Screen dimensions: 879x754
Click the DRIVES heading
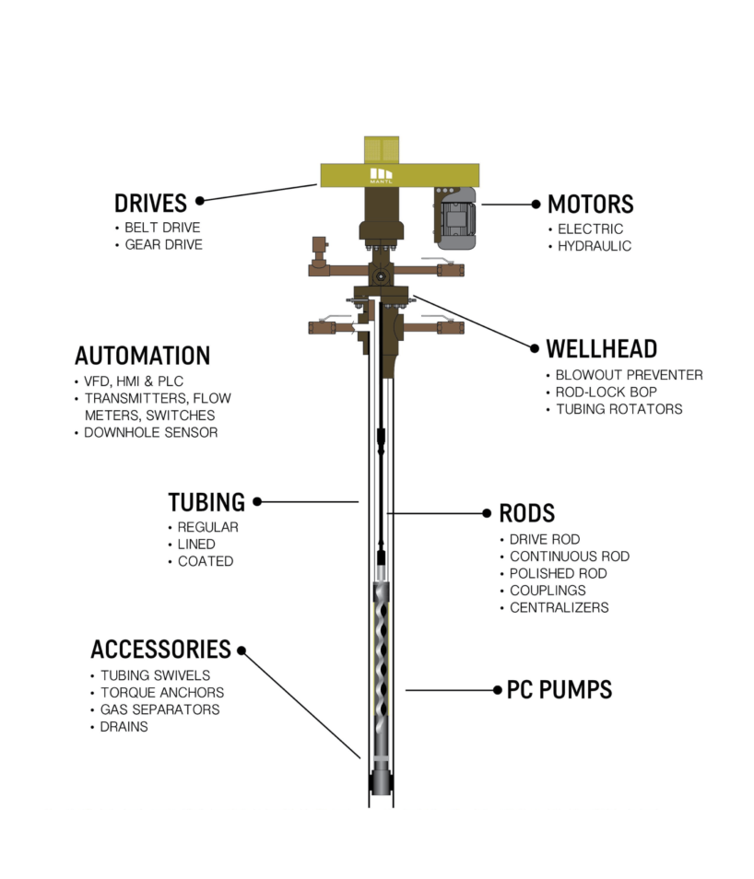pyautogui.click(x=150, y=203)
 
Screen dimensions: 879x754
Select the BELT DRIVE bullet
pyautogui.click(x=162, y=228)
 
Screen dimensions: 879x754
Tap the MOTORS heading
pyautogui.click(x=590, y=205)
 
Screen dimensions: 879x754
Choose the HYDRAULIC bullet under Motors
pyautogui.click(x=595, y=246)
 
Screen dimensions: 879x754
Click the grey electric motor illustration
pyautogui.click(x=454, y=219)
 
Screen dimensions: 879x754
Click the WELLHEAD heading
pyautogui.click(x=601, y=349)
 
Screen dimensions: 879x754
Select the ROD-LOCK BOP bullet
pyautogui.click(x=607, y=392)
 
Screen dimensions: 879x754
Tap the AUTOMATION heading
pyautogui.click(x=142, y=356)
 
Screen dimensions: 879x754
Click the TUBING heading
pyautogui.click(x=206, y=502)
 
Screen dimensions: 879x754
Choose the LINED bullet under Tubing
pyautogui.click(x=196, y=545)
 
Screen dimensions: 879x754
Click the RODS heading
pyautogui.click(x=526, y=513)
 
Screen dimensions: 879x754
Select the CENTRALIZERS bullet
pyautogui.click(x=559, y=607)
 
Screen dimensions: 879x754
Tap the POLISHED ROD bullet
pyautogui.click(x=558, y=573)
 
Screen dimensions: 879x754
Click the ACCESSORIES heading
pyautogui.click(x=160, y=649)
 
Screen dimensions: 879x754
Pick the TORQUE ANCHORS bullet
pyautogui.click(x=161, y=693)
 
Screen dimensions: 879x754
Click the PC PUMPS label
pyautogui.click(x=560, y=690)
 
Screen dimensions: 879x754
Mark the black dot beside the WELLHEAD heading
pyautogui.click(x=534, y=348)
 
